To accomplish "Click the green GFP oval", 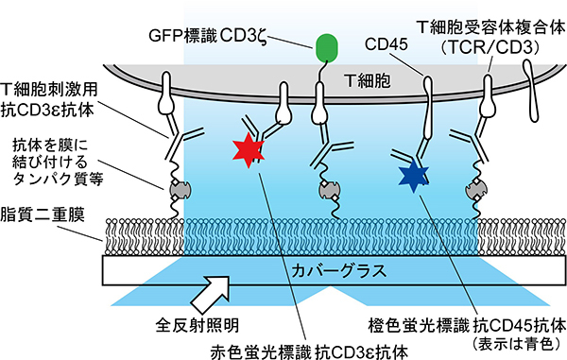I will pos(327,44).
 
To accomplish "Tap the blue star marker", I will pos(412,172).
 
